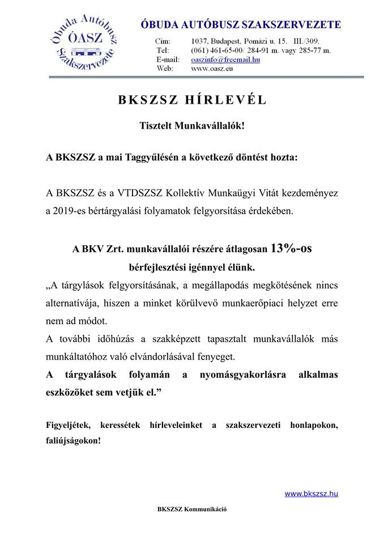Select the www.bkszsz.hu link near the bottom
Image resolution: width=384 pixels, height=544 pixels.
[x=311, y=494]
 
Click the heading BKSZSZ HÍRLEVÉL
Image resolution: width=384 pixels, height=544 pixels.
[x=192, y=100]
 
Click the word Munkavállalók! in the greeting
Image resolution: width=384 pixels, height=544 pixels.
[x=213, y=127]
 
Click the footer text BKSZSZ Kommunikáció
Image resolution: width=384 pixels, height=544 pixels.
[x=192, y=509]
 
